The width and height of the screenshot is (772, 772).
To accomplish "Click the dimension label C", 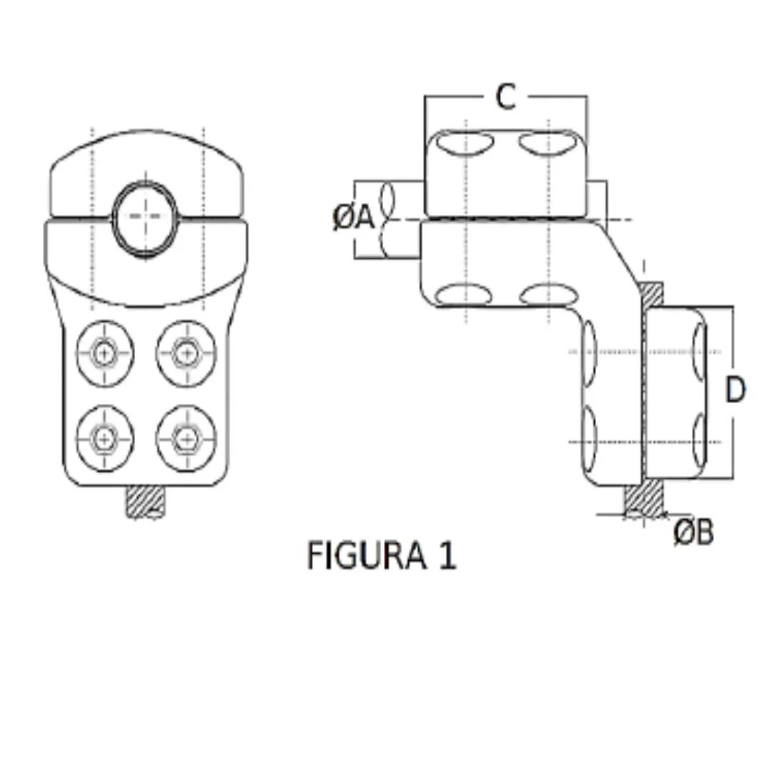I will pos(505,97).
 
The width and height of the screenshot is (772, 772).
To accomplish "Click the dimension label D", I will pos(734,390).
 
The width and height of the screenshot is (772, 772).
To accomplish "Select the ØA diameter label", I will pos(354,218).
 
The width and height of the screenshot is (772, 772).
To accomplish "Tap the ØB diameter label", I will pos(693,532).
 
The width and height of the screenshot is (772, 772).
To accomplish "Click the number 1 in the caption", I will pos(446,555).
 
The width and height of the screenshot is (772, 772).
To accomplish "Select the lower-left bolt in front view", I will pos(105,438).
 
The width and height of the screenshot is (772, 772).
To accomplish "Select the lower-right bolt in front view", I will pos(186,438).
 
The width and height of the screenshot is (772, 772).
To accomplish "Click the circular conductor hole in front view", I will pos(147,217).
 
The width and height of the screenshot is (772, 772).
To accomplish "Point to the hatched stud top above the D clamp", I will pos(650,293).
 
